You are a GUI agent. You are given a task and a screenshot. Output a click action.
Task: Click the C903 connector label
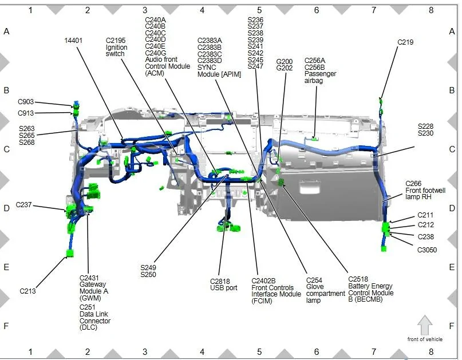pos(26,102)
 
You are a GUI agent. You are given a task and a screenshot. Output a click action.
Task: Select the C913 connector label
pos(26,113)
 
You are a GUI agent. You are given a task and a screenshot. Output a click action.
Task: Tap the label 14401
pos(73,41)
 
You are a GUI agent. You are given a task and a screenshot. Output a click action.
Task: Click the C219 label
pos(405,42)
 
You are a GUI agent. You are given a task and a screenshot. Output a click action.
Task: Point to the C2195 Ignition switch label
pos(117,47)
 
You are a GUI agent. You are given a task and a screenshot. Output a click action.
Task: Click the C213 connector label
pos(27,291)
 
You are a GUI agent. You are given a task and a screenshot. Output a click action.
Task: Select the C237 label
pos(23,205)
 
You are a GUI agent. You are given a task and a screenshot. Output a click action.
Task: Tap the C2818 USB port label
pos(224,284)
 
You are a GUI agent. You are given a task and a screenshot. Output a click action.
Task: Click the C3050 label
pos(427,250)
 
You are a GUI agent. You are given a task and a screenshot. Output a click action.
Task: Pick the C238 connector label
pos(426,237)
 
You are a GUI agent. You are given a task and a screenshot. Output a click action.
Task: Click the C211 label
pos(425,215)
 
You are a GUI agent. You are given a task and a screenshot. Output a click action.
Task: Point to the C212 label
pos(426,225)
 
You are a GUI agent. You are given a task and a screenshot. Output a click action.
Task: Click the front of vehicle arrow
pos(425,325)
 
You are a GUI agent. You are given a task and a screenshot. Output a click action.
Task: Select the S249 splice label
pos(148,268)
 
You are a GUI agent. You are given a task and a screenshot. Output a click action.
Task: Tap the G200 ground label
pos(285,62)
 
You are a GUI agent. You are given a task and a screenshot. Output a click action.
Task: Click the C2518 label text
pos(358,279)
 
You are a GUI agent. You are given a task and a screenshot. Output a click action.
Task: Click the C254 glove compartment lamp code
pos(314,280)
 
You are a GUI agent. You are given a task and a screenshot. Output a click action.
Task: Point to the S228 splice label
pos(426,126)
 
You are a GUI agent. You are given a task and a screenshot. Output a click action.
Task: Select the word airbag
pos(314,81)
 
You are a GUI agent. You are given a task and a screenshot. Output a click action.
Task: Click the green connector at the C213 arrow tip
pos(70,254)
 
